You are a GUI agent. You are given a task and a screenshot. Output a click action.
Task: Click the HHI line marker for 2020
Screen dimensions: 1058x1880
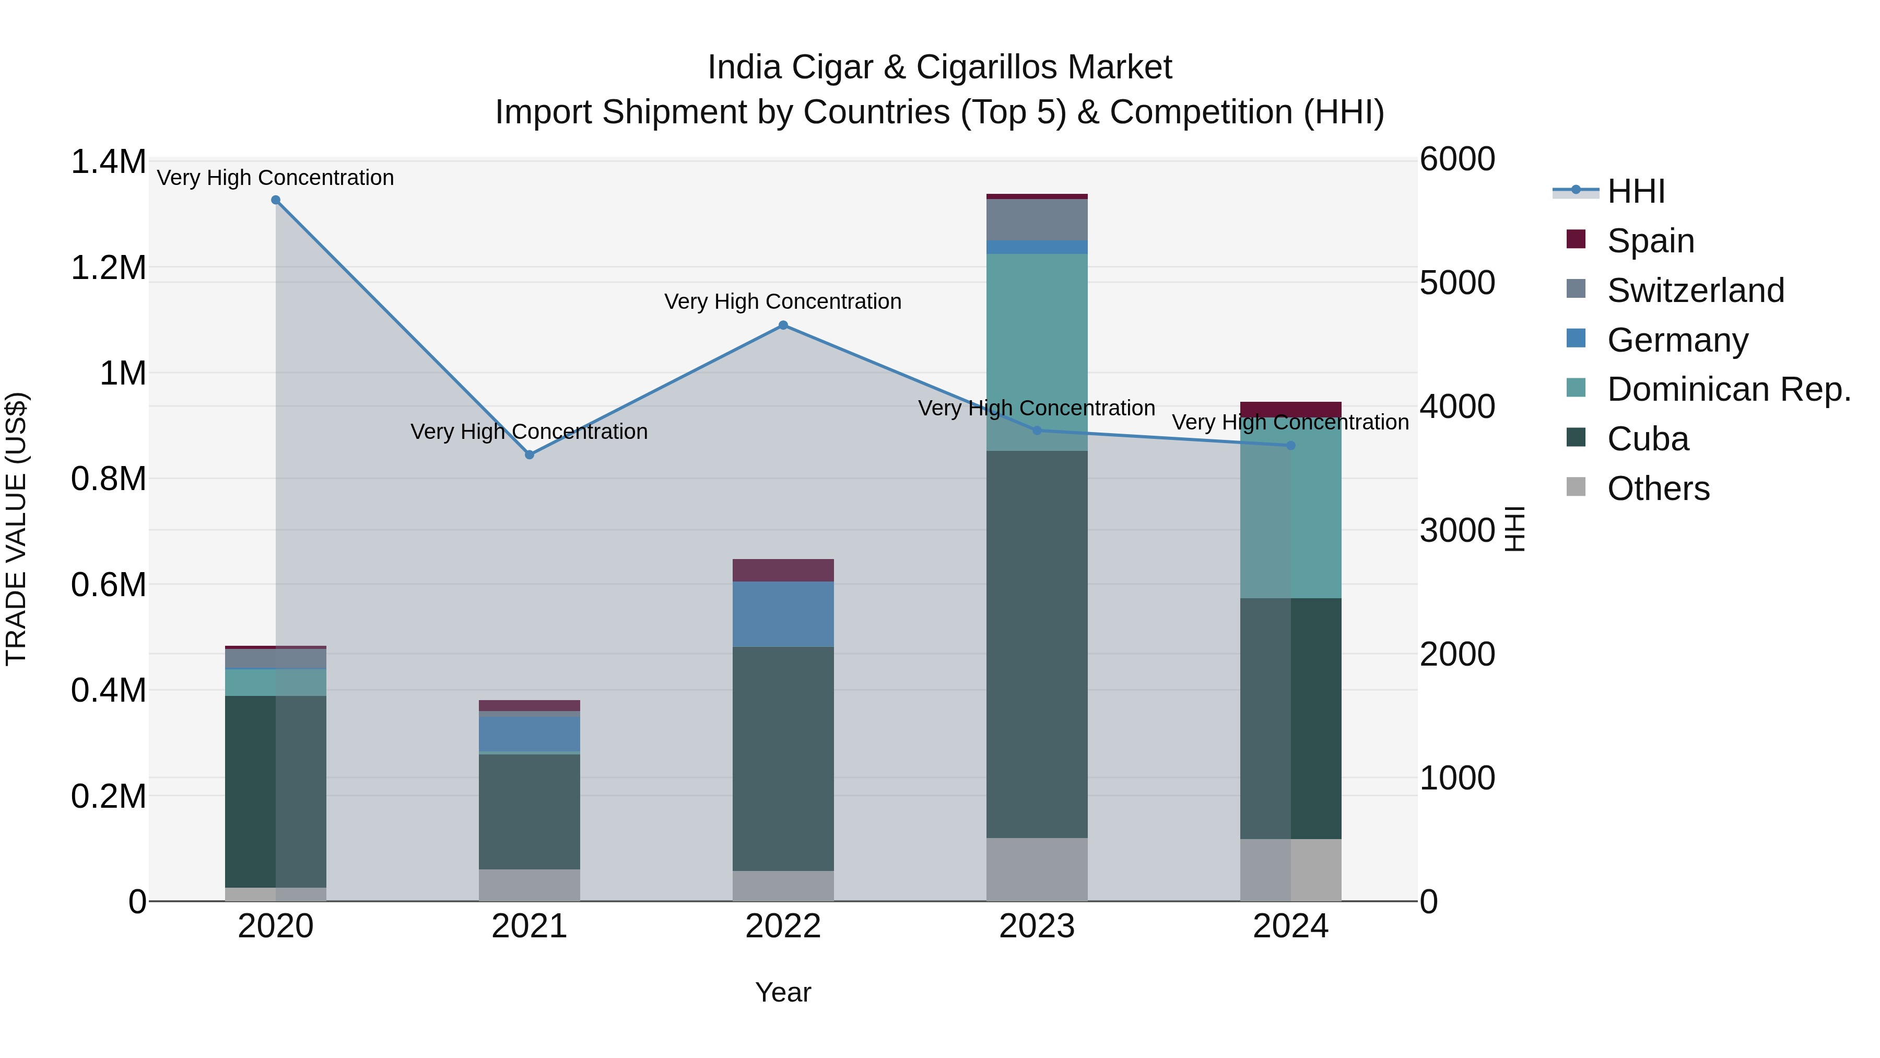(x=276, y=200)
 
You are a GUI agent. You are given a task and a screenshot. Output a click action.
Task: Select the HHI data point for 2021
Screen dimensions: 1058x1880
(x=530, y=455)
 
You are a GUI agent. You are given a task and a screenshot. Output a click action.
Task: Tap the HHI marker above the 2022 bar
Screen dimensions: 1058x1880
(x=783, y=325)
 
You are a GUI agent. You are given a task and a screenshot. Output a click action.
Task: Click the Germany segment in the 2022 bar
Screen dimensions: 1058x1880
(x=783, y=614)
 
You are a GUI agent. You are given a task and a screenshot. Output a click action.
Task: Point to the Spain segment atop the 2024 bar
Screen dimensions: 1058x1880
(x=1290, y=409)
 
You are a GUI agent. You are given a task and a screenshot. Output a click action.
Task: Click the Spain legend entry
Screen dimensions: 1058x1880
(x=1650, y=241)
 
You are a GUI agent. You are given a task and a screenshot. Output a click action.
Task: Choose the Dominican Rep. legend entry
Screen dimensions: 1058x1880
(x=1728, y=389)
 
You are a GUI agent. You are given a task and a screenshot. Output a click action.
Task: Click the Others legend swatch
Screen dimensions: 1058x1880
(x=1576, y=487)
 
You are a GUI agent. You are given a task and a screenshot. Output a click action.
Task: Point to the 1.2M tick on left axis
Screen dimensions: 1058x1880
(x=108, y=268)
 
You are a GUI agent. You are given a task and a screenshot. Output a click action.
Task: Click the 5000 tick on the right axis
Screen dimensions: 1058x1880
(x=1456, y=283)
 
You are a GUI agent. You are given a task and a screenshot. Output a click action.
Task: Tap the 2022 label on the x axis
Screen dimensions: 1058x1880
(x=783, y=926)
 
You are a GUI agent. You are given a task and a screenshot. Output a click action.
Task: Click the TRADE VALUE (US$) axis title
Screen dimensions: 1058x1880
(x=16, y=529)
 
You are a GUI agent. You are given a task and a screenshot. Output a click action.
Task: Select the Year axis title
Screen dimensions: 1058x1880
(x=783, y=992)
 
